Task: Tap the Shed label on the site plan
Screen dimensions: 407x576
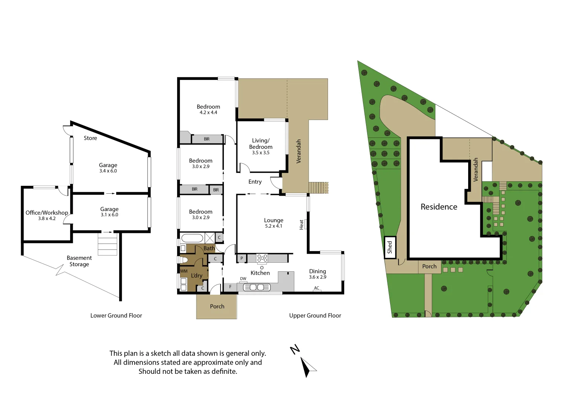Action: (x=390, y=247)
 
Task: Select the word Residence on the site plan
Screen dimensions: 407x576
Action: (x=439, y=207)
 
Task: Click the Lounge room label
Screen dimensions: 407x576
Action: (x=273, y=220)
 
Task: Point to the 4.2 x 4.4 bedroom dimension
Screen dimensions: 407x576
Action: (x=208, y=113)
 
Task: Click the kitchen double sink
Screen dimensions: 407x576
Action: (x=257, y=288)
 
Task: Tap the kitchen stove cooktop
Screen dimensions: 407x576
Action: (x=262, y=258)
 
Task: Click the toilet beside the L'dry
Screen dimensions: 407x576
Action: (x=183, y=260)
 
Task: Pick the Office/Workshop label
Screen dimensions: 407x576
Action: (x=47, y=213)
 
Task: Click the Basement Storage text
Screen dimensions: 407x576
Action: (x=79, y=261)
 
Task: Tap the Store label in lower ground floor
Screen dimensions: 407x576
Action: (x=90, y=138)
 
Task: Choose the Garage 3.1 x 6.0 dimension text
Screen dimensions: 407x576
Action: (x=109, y=215)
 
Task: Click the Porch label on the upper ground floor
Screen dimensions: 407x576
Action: (x=217, y=306)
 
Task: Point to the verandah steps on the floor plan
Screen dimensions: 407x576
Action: (x=318, y=188)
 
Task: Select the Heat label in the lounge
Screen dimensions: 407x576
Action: (x=301, y=225)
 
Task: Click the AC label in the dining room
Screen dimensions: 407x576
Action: (x=317, y=288)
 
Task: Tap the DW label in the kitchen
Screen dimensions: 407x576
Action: (x=243, y=279)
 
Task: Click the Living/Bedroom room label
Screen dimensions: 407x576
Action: (x=260, y=144)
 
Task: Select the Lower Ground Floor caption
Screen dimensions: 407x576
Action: (x=116, y=316)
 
